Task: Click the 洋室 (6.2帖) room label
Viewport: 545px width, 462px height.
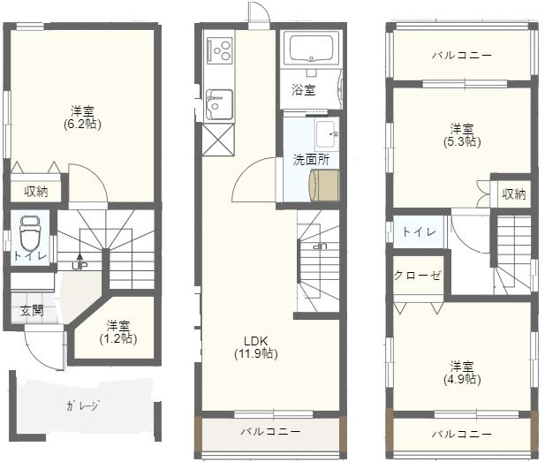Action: click(82, 117)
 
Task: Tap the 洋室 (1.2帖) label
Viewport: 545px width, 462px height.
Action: click(118, 332)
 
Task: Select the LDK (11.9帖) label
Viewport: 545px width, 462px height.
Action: click(256, 347)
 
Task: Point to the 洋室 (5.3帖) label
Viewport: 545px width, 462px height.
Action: click(462, 135)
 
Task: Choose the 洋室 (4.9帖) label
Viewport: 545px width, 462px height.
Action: click(462, 373)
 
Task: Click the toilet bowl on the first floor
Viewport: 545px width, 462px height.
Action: click(30, 232)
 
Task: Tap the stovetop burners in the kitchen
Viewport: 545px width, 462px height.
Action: click(219, 50)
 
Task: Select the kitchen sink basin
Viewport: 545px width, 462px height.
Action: click(219, 104)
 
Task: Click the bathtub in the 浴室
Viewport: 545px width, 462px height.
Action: click(311, 49)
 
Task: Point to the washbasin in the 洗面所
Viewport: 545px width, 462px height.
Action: click(326, 134)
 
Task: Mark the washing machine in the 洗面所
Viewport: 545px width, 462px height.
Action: click(324, 185)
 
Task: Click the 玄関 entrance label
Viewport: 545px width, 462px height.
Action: click(32, 310)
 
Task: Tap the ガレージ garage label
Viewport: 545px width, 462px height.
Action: click(83, 405)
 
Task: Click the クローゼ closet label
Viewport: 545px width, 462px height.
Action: click(418, 276)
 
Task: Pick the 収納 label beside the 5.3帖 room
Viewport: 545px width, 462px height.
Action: click(514, 194)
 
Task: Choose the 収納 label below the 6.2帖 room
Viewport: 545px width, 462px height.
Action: click(36, 192)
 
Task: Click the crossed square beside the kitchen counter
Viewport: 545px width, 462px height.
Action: click(219, 140)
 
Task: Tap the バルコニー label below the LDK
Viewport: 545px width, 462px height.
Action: click(271, 432)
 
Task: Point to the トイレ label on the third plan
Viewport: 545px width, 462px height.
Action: click(419, 231)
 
